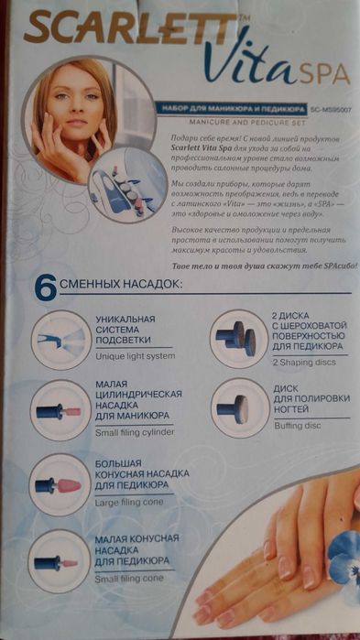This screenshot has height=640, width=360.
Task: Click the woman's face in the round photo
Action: point(69,110)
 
